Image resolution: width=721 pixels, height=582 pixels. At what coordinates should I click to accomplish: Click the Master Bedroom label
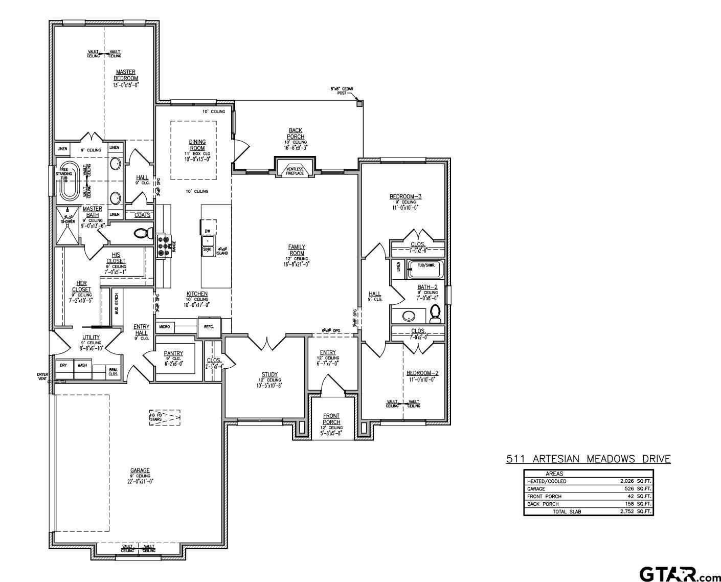[x=126, y=75]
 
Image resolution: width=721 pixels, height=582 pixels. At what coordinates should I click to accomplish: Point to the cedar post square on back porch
[x=359, y=103]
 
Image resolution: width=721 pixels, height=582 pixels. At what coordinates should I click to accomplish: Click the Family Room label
[x=297, y=250]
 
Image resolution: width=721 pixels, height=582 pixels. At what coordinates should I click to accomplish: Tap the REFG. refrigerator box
[x=209, y=327]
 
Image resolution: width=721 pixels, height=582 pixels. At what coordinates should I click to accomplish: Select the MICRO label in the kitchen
[x=165, y=326]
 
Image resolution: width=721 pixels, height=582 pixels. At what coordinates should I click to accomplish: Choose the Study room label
[x=269, y=374]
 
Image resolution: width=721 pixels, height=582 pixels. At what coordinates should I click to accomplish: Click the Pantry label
[x=173, y=353]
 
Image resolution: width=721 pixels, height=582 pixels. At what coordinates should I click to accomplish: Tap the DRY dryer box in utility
[x=63, y=366]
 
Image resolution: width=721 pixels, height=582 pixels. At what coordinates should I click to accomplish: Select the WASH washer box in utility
[x=82, y=366]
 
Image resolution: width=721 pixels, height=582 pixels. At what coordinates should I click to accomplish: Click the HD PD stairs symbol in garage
[x=165, y=417]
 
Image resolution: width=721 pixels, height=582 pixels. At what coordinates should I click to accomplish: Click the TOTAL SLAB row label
[x=567, y=511]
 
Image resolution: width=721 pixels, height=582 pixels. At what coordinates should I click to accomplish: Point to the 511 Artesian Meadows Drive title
[x=588, y=459]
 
